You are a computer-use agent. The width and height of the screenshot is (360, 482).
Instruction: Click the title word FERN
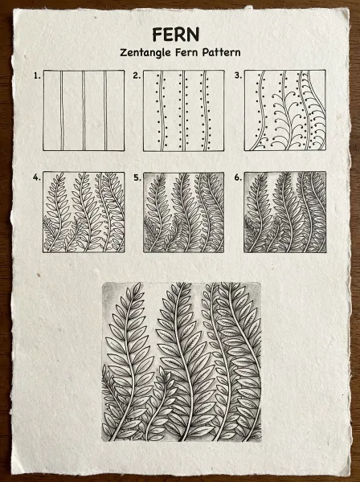(x=175, y=35)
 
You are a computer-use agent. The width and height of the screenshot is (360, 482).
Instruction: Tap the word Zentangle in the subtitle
(x=145, y=52)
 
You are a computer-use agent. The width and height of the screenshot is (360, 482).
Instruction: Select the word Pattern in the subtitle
(x=221, y=52)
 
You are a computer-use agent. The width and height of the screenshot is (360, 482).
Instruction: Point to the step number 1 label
(x=37, y=76)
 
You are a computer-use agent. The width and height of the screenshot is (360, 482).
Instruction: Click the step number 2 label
(x=137, y=76)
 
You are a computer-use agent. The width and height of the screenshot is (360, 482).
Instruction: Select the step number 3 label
(x=238, y=76)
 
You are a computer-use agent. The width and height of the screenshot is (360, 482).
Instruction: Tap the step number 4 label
(x=37, y=178)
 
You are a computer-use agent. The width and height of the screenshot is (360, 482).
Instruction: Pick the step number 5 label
(x=137, y=178)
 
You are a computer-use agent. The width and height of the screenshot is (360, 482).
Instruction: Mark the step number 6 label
(x=238, y=178)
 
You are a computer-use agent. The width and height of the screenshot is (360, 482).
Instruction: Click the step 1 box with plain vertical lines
(x=84, y=110)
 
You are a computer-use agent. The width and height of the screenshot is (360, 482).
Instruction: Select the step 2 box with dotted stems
(x=184, y=111)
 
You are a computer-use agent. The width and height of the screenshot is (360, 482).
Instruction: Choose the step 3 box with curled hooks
(x=285, y=110)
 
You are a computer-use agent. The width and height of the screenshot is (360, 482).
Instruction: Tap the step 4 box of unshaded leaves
(x=84, y=212)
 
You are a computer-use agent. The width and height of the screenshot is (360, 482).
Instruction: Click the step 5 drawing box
(x=184, y=212)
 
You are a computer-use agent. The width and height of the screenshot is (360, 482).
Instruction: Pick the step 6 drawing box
(x=285, y=212)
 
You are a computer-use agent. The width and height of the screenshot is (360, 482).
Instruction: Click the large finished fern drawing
(x=182, y=362)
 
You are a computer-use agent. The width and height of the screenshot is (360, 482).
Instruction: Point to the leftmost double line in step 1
(x=62, y=111)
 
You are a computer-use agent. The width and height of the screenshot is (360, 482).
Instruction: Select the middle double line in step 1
(x=84, y=111)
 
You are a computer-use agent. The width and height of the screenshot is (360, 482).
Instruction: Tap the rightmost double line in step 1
(x=105, y=111)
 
